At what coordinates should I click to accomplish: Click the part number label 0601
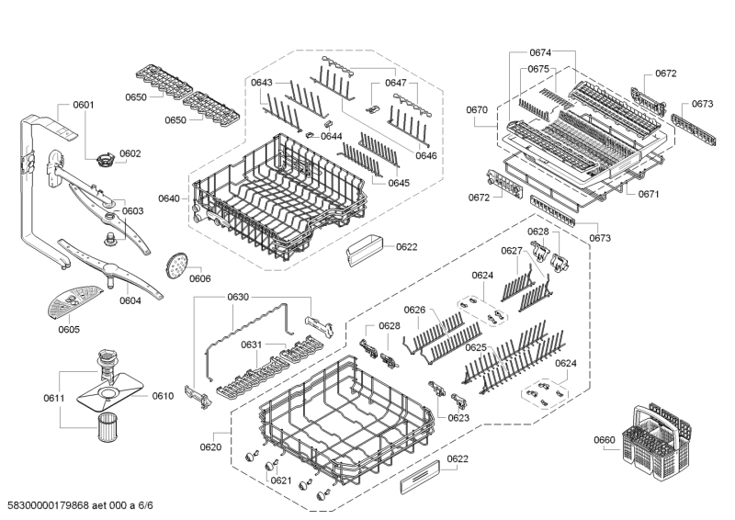[x=83, y=105]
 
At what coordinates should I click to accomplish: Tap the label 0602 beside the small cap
[x=130, y=153]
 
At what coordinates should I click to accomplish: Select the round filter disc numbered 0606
[x=173, y=265]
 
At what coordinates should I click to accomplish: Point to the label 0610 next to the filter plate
[x=163, y=396]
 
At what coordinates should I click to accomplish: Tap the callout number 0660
[x=604, y=440]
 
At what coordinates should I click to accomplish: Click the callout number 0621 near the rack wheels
[x=281, y=480]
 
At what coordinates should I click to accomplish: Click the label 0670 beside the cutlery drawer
[x=478, y=110]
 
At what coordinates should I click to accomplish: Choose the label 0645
[x=398, y=183]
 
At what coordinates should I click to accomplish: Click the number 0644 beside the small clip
[x=333, y=136]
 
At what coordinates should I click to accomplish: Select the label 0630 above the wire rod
[x=238, y=297]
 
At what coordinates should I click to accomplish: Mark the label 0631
[x=253, y=345]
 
